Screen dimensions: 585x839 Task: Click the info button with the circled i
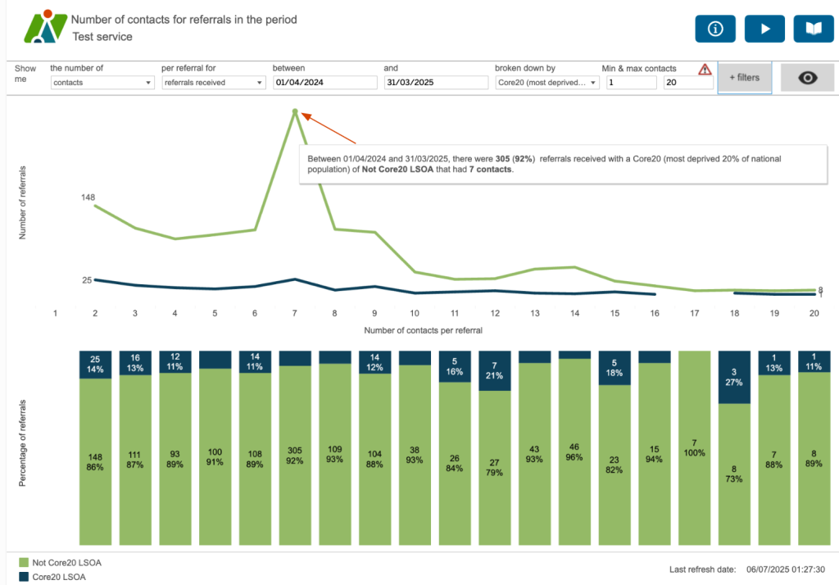(715, 29)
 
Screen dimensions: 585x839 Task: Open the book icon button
(813, 29)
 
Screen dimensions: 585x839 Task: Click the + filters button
(744, 78)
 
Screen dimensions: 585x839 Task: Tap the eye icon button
(808, 78)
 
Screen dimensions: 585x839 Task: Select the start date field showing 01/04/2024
(324, 83)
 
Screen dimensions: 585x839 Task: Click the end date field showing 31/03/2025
(435, 83)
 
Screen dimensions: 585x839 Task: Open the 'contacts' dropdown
(102, 83)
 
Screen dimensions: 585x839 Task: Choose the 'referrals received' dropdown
(213, 83)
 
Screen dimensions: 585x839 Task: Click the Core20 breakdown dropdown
(546, 83)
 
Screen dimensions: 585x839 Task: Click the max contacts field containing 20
(687, 83)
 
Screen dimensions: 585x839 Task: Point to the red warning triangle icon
(704, 70)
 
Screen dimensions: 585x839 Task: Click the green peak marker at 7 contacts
(294, 111)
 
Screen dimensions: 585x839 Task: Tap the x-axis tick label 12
(495, 313)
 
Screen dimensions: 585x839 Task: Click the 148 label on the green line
(89, 197)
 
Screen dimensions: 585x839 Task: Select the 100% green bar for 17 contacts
(694, 447)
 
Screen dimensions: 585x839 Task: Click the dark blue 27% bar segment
(734, 377)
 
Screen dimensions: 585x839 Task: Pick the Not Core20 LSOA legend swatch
(23, 562)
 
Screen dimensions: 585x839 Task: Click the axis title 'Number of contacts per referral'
(424, 330)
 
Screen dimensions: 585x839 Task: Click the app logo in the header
(44, 26)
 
